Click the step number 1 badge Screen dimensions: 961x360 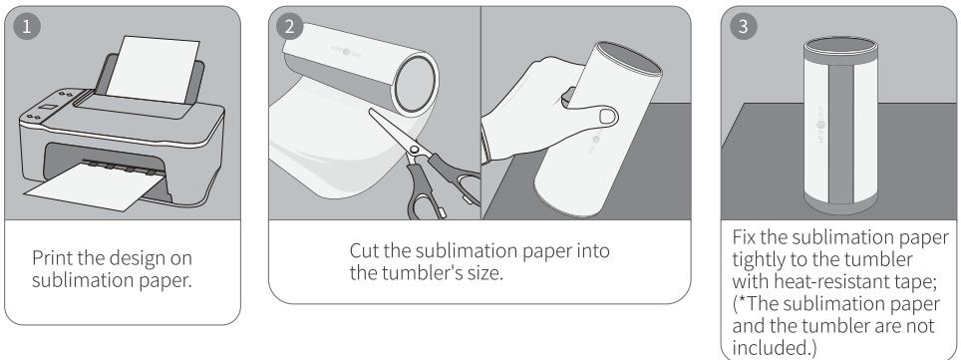tap(27, 26)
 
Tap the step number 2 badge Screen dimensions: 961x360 tap(290, 26)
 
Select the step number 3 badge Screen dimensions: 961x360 tap(744, 26)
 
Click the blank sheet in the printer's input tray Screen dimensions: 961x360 tap(154, 69)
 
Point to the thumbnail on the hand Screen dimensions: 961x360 tap(607, 116)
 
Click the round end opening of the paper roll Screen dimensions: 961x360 tap(416, 84)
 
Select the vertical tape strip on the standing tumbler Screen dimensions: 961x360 tap(841, 133)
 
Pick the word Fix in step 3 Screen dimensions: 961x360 tap(747, 237)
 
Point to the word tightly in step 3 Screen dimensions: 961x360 tap(762, 260)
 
